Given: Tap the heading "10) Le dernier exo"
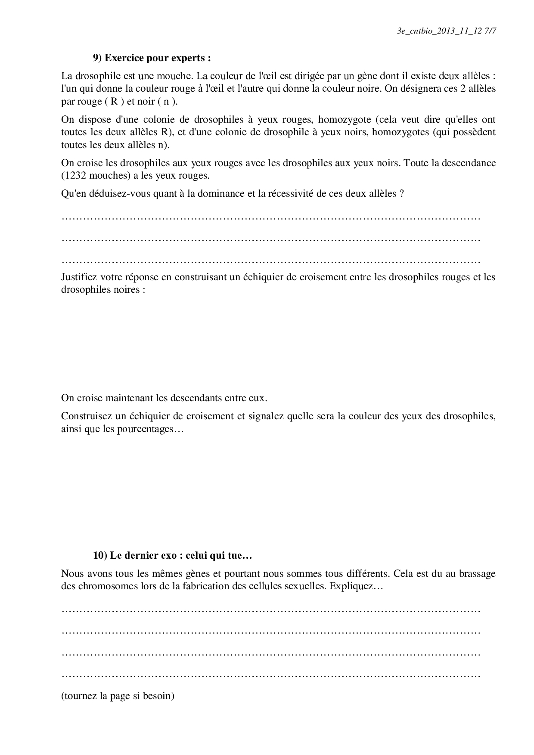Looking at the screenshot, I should pyautogui.click(x=172, y=555).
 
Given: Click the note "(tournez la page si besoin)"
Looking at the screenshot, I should pyautogui.click(x=118, y=696).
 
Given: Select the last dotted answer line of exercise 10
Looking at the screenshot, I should pyautogui.click(x=271, y=676).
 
